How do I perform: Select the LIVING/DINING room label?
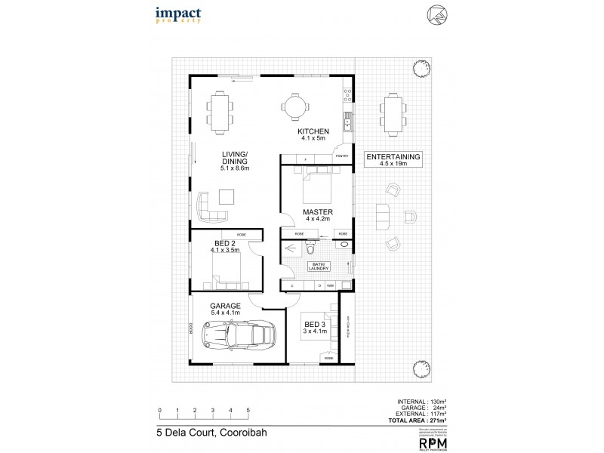coord(235,162)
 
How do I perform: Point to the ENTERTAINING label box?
coord(392,159)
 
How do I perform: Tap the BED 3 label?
coord(314,328)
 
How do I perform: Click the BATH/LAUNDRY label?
coord(318,267)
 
